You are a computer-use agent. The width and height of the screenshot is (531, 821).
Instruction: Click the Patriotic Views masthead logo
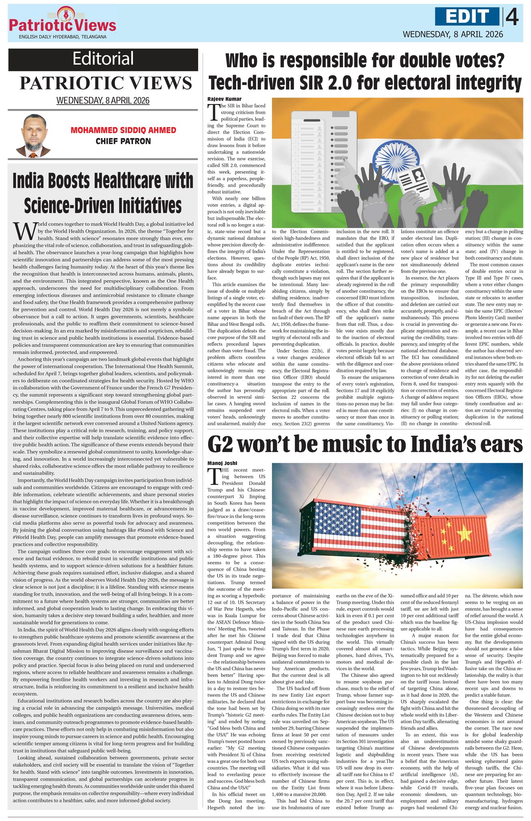click(x=62, y=22)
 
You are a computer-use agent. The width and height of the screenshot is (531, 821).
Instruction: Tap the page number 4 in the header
click(x=512, y=18)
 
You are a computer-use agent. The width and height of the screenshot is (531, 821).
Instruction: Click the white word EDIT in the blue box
click(x=468, y=17)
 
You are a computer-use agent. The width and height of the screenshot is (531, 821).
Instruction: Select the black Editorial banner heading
click(x=103, y=59)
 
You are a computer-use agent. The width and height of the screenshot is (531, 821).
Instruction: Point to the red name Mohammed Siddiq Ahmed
click(x=123, y=130)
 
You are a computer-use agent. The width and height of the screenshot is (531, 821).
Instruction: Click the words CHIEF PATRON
click(x=123, y=141)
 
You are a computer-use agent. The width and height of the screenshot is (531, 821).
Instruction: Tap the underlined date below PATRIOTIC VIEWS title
click(x=103, y=101)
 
